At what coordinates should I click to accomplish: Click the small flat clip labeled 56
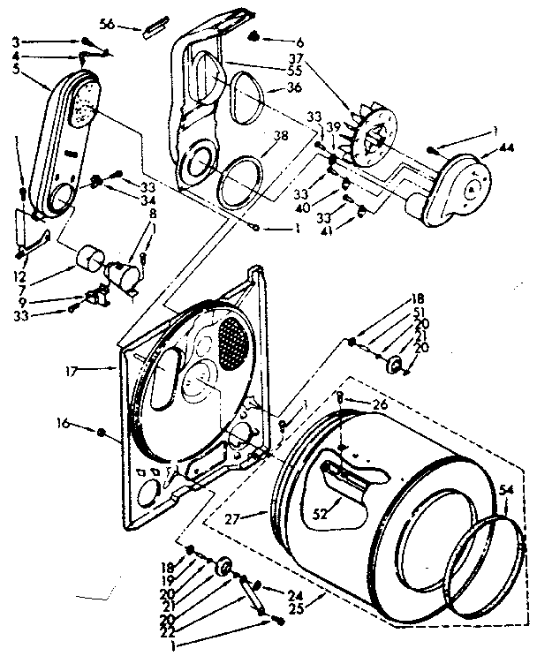[x=155, y=27]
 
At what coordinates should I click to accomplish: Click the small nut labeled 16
[x=102, y=433]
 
